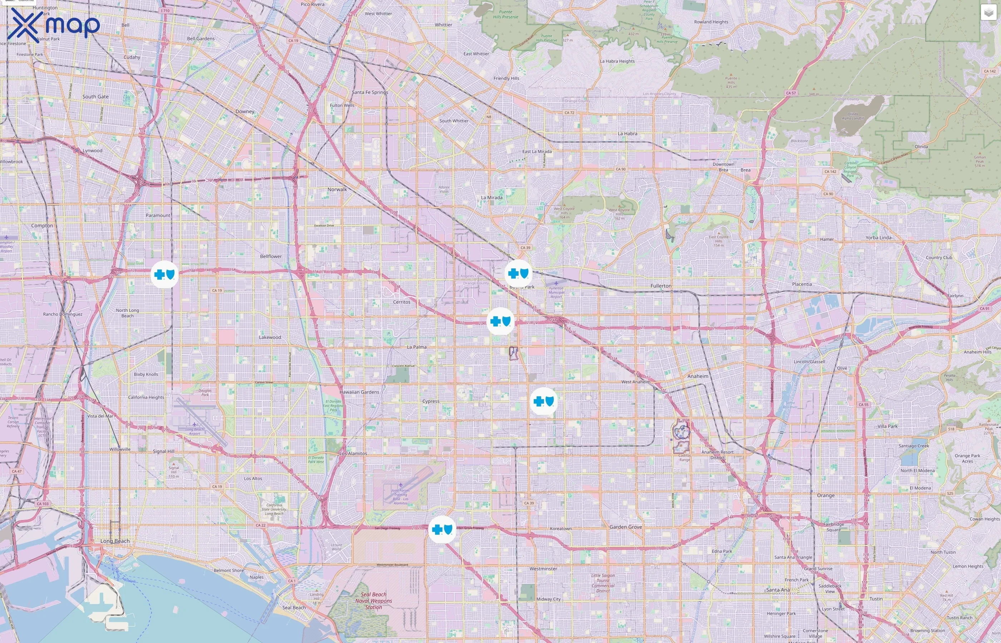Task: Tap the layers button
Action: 988,13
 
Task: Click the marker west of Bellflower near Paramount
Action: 164,274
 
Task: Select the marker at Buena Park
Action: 518,274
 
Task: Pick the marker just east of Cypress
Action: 543,401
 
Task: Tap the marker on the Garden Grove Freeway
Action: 442,529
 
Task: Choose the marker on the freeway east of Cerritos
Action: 500,321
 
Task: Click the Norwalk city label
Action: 337,189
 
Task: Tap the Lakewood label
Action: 270,337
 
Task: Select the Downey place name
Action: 245,111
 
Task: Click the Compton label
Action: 42,225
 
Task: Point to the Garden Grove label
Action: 625,527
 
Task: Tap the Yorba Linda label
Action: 878,238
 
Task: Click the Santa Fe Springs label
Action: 370,92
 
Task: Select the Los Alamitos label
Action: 353,453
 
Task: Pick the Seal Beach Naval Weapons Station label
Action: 374,601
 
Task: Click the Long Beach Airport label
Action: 195,431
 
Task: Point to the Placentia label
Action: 802,284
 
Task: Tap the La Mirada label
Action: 491,198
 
